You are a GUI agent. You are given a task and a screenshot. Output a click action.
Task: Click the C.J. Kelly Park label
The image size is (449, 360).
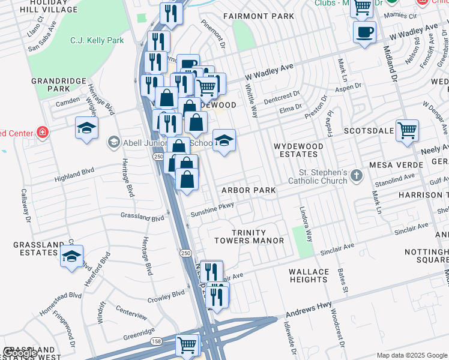(x=97, y=41)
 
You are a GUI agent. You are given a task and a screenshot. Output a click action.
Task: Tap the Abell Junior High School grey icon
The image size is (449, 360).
(x=113, y=142)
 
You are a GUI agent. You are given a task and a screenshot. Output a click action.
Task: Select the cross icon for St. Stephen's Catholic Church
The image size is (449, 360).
(x=357, y=176)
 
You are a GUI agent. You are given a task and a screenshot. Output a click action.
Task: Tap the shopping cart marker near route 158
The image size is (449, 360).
(x=187, y=345)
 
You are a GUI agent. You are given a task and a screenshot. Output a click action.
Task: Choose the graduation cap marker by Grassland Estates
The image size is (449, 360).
(x=72, y=257)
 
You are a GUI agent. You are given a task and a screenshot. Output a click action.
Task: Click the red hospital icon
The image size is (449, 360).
(x=42, y=132)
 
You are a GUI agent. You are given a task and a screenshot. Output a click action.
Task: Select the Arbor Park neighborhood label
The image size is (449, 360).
(x=249, y=190)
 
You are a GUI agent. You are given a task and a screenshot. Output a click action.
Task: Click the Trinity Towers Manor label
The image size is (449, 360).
(x=258, y=236)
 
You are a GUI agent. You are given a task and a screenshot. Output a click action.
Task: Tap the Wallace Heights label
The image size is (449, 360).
(x=309, y=276)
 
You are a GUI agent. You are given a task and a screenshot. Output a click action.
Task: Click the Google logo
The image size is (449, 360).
(x=20, y=353)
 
